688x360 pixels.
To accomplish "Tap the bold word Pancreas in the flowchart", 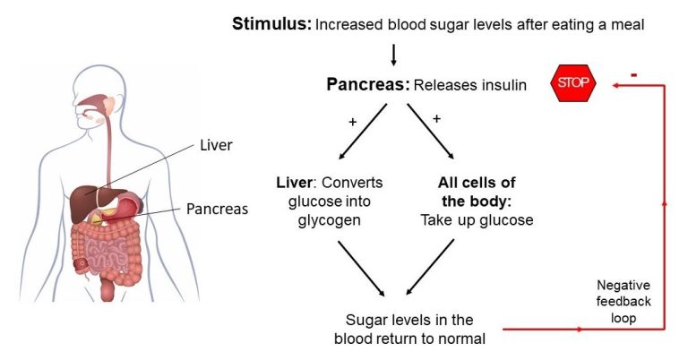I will click(367, 85).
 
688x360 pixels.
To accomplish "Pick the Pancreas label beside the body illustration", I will click(217, 209).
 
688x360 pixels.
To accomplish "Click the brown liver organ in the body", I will click(87, 198).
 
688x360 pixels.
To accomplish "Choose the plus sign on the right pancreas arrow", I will click(437, 117).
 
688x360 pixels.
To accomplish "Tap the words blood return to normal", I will click(410, 338).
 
